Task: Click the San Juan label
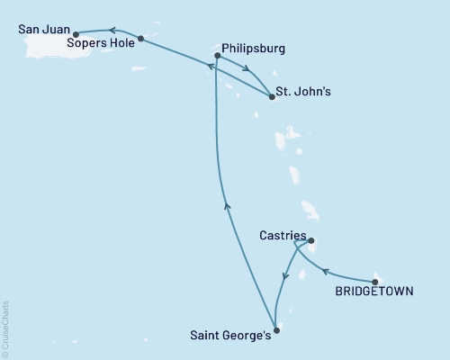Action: pyautogui.click(x=43, y=29)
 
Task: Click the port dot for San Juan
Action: pyautogui.click(x=76, y=34)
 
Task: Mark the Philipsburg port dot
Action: pyautogui.click(x=217, y=57)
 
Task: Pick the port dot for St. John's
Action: pyautogui.click(x=272, y=96)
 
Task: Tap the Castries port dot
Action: pyautogui.click(x=310, y=241)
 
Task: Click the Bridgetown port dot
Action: pyautogui.click(x=374, y=282)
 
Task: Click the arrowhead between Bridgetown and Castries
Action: pyautogui.click(x=328, y=272)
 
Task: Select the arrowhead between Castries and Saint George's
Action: pyautogui.click(x=285, y=276)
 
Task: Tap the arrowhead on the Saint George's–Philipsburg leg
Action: pyautogui.click(x=228, y=206)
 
